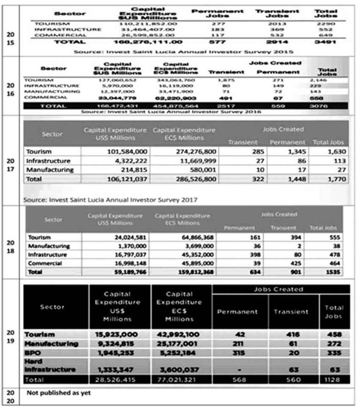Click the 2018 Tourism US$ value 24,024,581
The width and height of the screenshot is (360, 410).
(127, 237)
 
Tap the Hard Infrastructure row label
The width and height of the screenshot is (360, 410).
(50, 366)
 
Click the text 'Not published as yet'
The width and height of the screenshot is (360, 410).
(59, 393)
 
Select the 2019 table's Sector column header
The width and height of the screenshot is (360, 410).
(52, 307)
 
